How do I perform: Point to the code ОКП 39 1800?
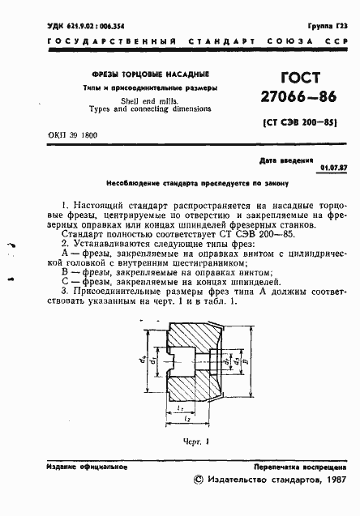(x=71, y=134)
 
